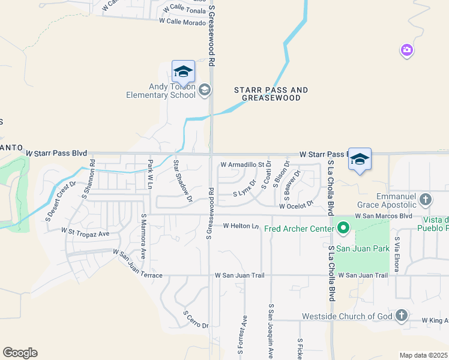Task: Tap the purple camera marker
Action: click(407, 50)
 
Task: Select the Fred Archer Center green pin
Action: click(343, 228)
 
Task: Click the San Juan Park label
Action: click(360, 248)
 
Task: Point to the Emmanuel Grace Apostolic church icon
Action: click(425, 199)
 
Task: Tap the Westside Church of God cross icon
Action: click(402, 316)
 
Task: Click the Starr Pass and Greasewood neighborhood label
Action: click(271, 94)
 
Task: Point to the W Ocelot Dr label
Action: click(296, 206)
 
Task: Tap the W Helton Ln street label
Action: click(241, 226)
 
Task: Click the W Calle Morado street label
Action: click(182, 20)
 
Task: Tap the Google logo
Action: click(20, 353)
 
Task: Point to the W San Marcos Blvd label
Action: click(384, 215)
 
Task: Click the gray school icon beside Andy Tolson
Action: click(204, 91)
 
